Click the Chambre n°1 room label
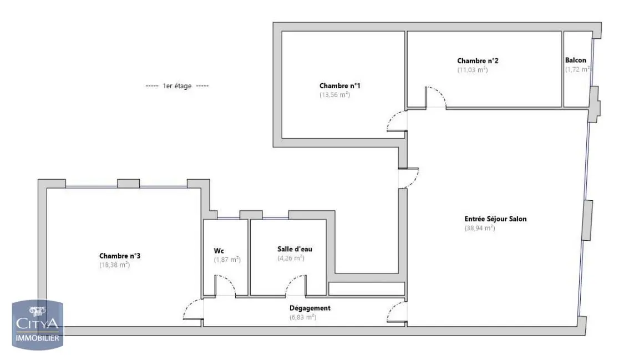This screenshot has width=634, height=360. tap(340, 85)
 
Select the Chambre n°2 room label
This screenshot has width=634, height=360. tap(473, 60)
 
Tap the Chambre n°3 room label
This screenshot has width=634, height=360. tap(119, 256)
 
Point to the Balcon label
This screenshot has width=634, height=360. tap(575, 60)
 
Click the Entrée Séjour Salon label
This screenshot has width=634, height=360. tap(488, 219)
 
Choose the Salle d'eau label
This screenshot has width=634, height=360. tap(295, 249)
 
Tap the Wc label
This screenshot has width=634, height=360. tap(219, 250)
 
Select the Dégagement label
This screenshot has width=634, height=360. tap(310, 308)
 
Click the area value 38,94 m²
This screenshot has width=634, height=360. tap(479, 228)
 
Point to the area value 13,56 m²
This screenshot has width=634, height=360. tap(334, 95)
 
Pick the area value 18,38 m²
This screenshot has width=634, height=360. tap(114, 265)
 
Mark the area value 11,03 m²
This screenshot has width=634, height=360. tap(472, 70)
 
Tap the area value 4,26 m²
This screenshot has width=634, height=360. tap(291, 258)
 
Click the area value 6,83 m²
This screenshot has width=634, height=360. tap(302, 317)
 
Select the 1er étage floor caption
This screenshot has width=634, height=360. tap(177, 86)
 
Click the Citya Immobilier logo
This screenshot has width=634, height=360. tap(38, 324)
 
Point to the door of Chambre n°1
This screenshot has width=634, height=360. tap(397, 121)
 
